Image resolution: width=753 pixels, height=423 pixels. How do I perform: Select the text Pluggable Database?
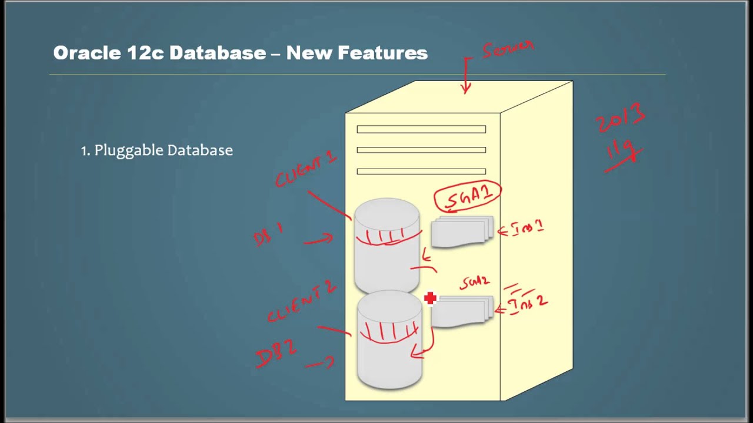point(164,150)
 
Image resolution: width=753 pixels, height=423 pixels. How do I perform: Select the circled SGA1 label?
point(468,196)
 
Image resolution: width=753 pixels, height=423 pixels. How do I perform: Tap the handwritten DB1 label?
point(268,235)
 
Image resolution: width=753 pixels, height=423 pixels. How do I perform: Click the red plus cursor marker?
point(430,298)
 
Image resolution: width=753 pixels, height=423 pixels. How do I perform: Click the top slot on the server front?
point(421,129)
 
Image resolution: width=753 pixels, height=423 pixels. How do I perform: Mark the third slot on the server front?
point(421,172)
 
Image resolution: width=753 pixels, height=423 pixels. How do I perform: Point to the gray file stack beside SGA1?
point(462,231)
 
